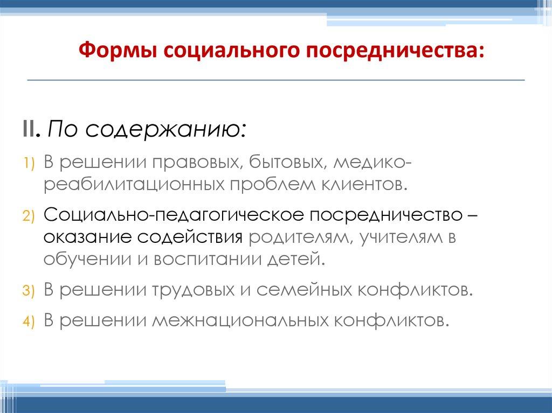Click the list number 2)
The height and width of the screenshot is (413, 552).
pos(29,216)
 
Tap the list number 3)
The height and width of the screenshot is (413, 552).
pos(29,291)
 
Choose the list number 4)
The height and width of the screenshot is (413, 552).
pos(29,321)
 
